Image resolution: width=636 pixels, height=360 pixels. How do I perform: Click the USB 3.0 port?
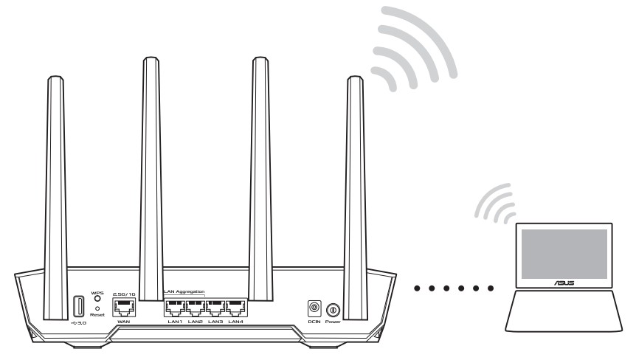[x=78, y=306]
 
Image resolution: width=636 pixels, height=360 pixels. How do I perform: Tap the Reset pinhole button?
[x=97, y=308]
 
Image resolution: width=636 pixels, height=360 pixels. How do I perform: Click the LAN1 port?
[x=174, y=308]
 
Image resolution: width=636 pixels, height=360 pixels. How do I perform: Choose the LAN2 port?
[x=195, y=308]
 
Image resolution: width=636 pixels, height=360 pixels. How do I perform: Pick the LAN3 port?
[x=215, y=308]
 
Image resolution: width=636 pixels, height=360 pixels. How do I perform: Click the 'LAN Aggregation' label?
[x=184, y=292]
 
